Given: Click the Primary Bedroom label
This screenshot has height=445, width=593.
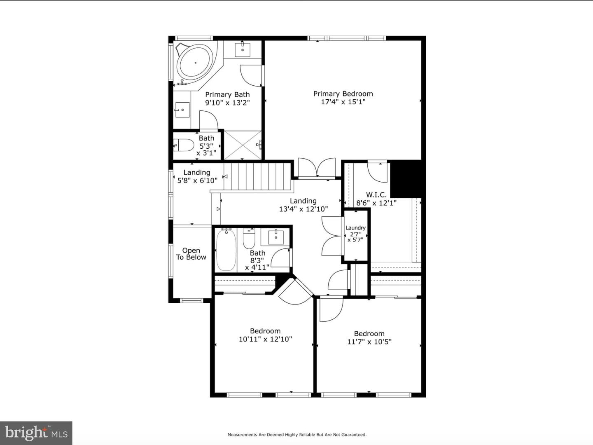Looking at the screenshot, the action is tap(343, 94).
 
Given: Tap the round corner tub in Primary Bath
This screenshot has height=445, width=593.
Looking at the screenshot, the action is tap(195, 63).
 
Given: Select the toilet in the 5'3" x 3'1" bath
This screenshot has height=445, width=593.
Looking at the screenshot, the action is tap(184, 145).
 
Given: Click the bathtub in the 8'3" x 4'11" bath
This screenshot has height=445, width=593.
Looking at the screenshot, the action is tap(226, 250).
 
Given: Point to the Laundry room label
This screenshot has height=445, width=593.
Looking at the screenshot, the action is tap(355, 228).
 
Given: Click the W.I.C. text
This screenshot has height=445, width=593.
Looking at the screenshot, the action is tap(376, 194).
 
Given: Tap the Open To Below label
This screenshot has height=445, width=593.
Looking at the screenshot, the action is tap(191, 254).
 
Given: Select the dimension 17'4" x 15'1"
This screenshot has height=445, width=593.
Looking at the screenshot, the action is tap(343, 102).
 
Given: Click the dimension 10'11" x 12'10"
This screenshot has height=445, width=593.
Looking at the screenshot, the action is tap(265, 339).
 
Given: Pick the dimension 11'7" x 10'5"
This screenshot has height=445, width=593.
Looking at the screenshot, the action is tap(369, 342).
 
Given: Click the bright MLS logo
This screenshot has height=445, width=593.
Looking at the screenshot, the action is tap(36, 433).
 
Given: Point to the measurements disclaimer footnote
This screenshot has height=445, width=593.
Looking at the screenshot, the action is tap(297, 435).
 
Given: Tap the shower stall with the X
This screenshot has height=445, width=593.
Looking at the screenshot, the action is tap(243, 145).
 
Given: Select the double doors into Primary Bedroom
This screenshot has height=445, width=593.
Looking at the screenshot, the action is tap(317, 168).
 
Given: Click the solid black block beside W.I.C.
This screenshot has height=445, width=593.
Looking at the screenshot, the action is tap(406, 178).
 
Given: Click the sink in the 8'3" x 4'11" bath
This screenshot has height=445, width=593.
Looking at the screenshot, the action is tap(275, 237).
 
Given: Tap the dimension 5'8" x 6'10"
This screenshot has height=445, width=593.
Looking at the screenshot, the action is tap(197, 180).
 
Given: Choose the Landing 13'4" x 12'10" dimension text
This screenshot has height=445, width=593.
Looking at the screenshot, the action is tap(304, 209).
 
